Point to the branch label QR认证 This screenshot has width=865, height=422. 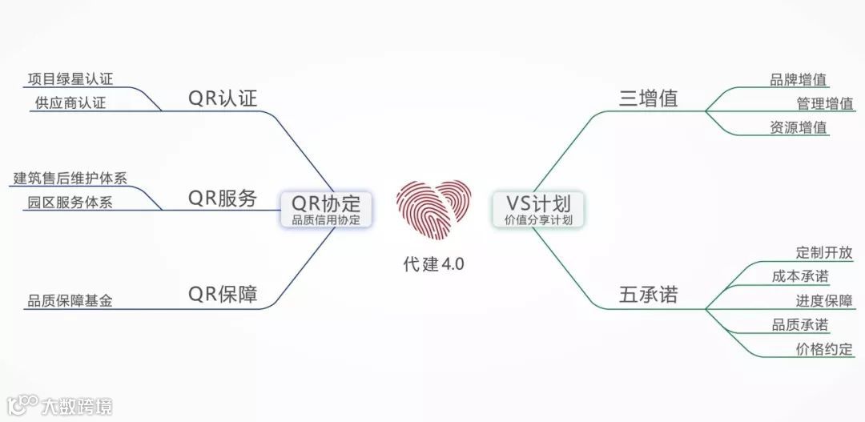pyautogui.click(x=223, y=98)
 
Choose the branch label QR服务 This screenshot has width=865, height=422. pyautogui.click(x=223, y=199)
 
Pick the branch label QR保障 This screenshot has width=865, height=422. pyautogui.click(x=223, y=294)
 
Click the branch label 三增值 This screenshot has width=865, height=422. pyautogui.click(x=649, y=98)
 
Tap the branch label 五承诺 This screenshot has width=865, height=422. pyautogui.click(x=649, y=295)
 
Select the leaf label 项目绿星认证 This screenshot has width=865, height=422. pyautogui.click(x=70, y=78)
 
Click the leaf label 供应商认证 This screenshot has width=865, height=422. pyautogui.click(x=70, y=102)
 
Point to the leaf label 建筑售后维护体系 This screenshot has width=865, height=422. pyautogui.click(x=70, y=178)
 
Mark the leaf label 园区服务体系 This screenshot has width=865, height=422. pyautogui.click(x=70, y=202)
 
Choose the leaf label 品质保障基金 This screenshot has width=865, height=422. pyautogui.click(x=70, y=301)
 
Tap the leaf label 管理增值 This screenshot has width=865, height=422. pyautogui.click(x=824, y=103)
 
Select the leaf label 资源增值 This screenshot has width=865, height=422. pyautogui.click(x=799, y=127)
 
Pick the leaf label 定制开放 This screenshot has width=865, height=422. pyautogui.click(x=824, y=253)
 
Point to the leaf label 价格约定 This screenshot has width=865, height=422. pyautogui.click(x=824, y=349)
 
